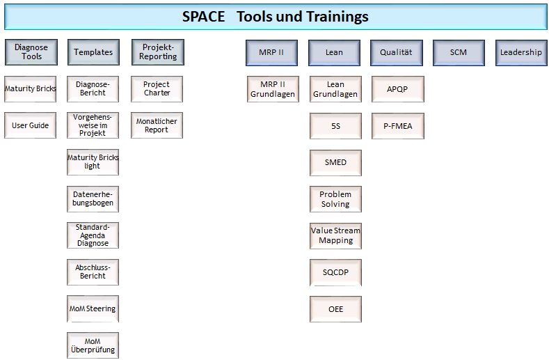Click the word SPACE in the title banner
(203, 17)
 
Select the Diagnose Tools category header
(31, 52)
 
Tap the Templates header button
(93, 52)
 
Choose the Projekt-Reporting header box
(158, 52)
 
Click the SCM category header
(459, 53)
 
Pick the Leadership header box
(521, 53)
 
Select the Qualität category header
(397, 53)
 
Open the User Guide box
(30, 125)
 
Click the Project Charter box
(157, 89)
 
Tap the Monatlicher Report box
(157, 125)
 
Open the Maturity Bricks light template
(93, 162)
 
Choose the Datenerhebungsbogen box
(93, 198)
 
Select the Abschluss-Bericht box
(93, 272)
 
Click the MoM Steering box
(93, 309)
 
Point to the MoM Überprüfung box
(93, 345)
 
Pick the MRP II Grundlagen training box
(273, 89)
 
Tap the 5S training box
(335, 126)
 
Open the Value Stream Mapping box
(335, 236)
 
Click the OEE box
(335, 309)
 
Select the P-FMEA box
(398, 126)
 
